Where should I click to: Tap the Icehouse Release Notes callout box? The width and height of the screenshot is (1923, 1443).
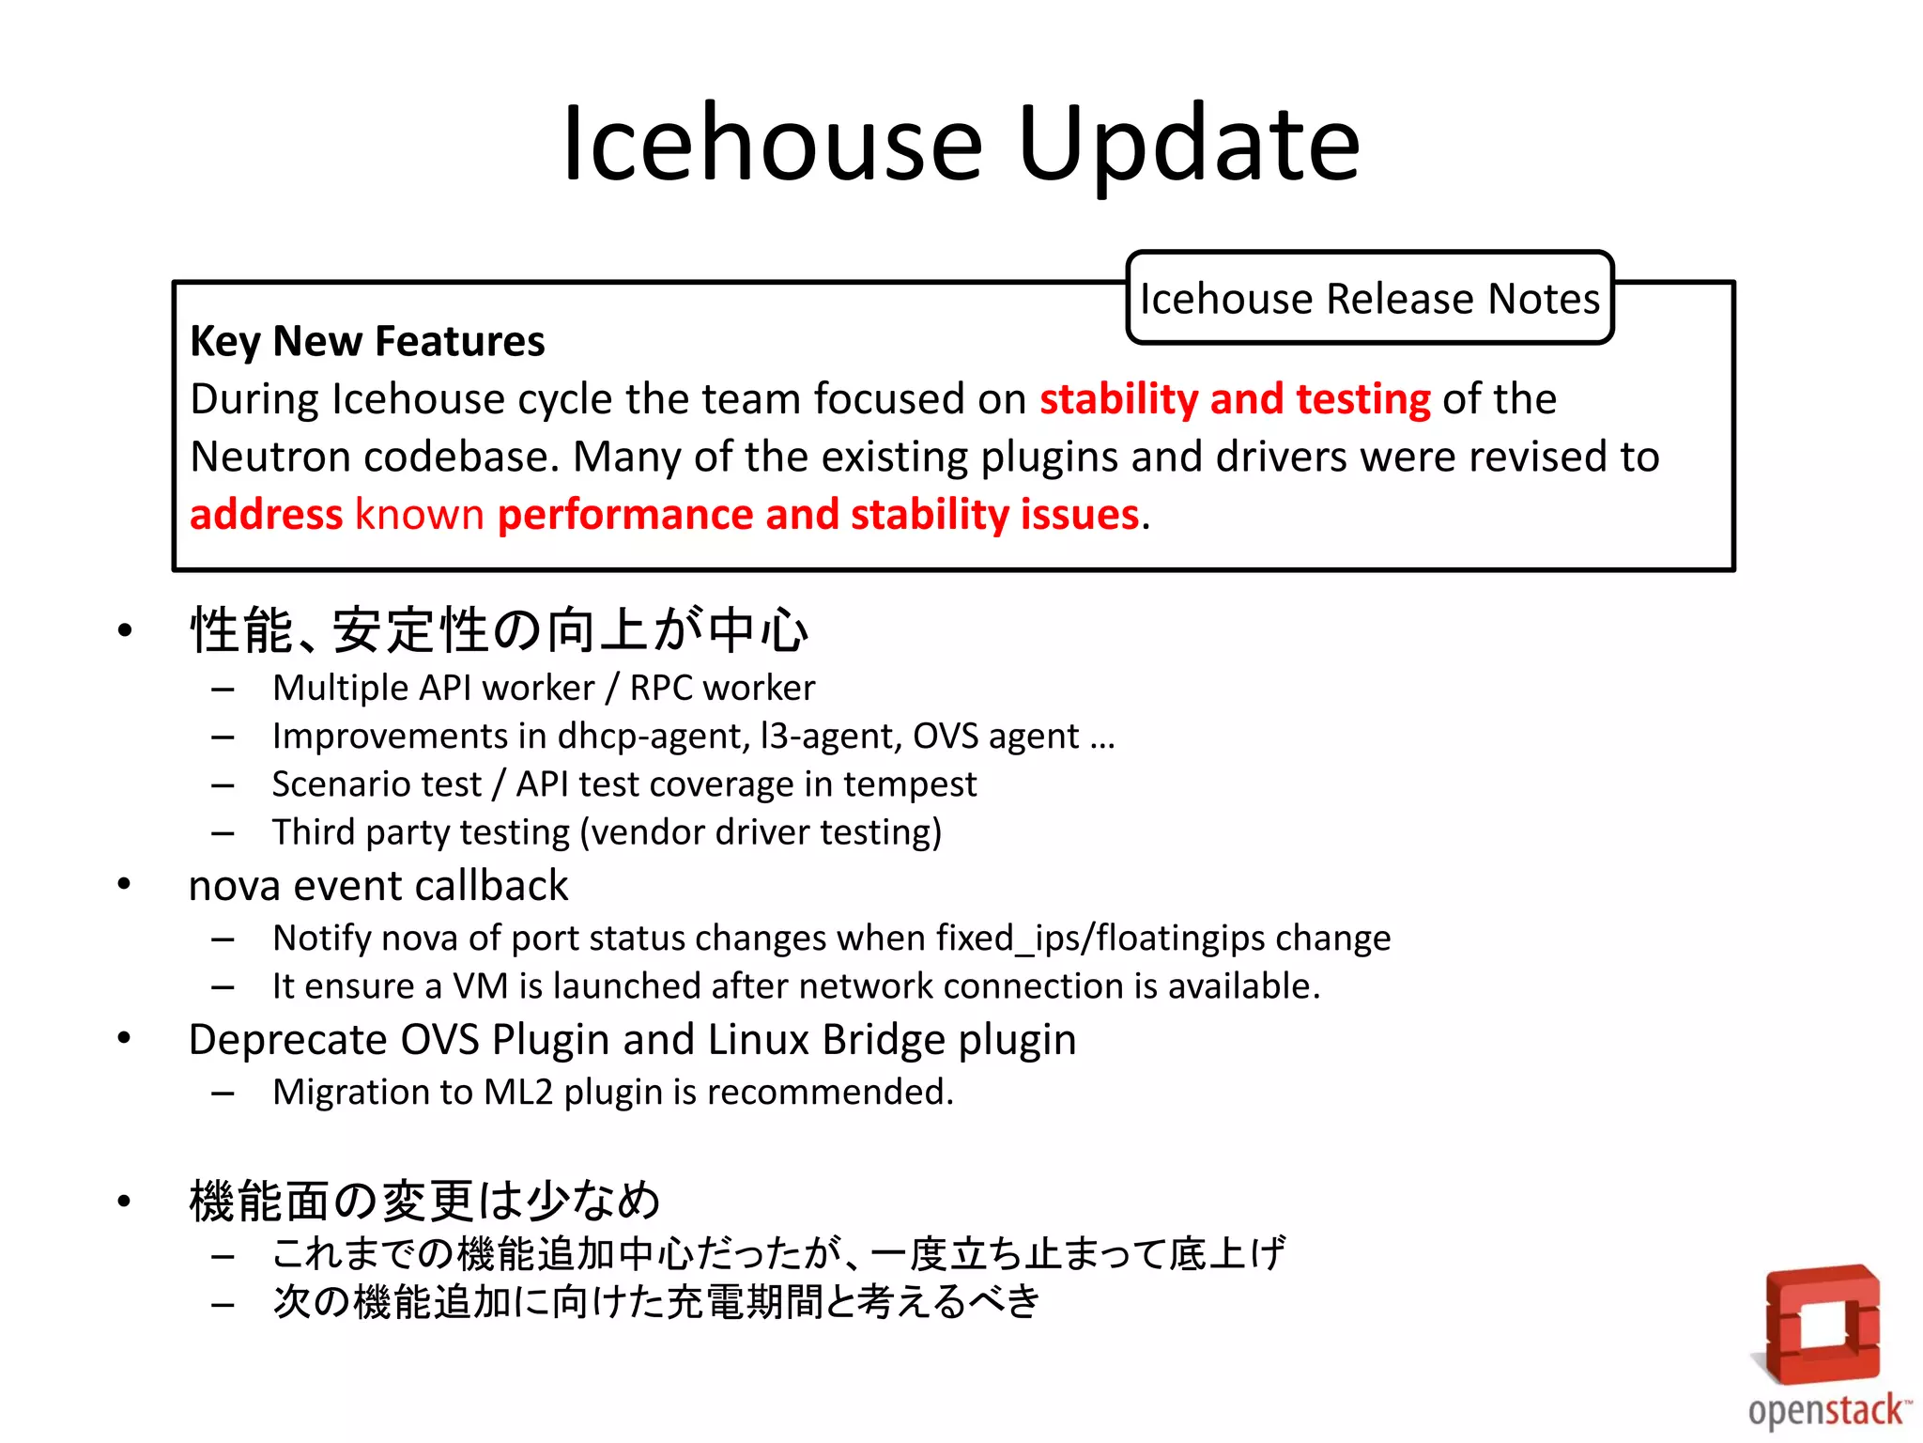pos(1369,299)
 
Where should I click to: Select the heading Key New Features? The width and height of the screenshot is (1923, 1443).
pos(367,341)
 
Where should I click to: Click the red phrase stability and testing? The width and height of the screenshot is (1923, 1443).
pos(1235,399)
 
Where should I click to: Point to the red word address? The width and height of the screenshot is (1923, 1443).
pos(267,515)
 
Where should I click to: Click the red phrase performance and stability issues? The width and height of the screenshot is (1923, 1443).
pos(818,515)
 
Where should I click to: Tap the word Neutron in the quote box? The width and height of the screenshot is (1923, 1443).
pos(271,458)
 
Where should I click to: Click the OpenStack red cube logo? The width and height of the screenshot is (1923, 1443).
pos(1822,1324)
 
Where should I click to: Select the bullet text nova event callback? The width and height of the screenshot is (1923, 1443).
pos(378,886)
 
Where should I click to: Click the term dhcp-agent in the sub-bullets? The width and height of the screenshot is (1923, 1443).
pos(654,737)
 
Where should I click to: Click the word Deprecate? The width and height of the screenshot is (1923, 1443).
pos(288,1040)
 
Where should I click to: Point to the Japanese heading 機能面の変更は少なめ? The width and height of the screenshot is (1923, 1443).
pos(424,1201)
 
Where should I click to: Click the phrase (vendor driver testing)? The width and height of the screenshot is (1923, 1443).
pos(761,832)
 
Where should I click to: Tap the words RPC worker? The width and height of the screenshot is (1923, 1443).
pos(722,689)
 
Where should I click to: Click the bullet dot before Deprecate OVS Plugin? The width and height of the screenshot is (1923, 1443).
pos(124,1038)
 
